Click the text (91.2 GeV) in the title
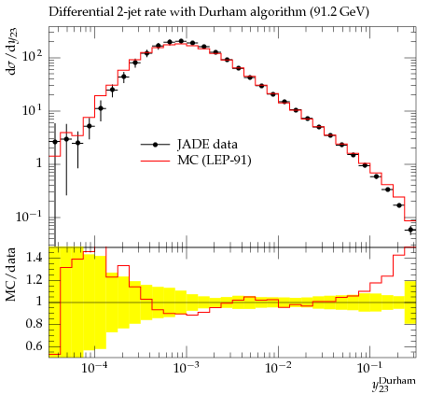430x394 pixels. [340, 12]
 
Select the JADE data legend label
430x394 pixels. [207, 144]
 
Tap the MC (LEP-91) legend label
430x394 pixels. [215, 161]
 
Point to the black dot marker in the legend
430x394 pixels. [156, 145]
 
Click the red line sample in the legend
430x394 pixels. [156, 161]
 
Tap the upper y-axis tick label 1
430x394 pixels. [39, 162]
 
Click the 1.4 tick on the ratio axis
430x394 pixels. [34, 257]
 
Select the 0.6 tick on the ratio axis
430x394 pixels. [34, 345]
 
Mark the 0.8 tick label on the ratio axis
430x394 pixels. [34, 324]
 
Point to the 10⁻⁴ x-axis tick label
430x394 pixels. [93, 368]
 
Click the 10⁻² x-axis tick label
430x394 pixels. [278, 368]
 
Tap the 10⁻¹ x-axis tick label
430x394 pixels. [369, 368]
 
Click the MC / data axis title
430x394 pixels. [10, 274]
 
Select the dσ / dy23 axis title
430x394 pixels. [10, 53]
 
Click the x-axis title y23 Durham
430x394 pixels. [394, 384]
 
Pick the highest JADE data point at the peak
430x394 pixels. [181, 41]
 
